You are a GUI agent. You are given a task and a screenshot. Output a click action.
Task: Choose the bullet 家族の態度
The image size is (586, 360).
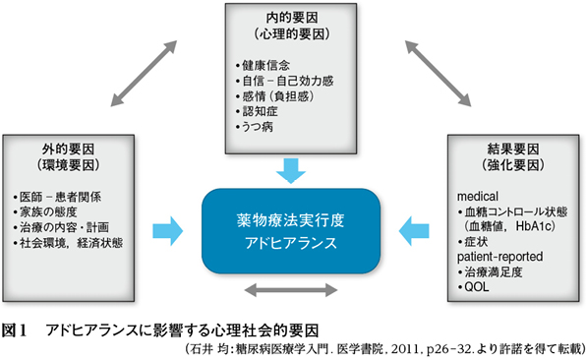56,211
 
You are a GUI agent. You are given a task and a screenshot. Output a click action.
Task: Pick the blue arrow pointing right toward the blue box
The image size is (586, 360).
168,230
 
